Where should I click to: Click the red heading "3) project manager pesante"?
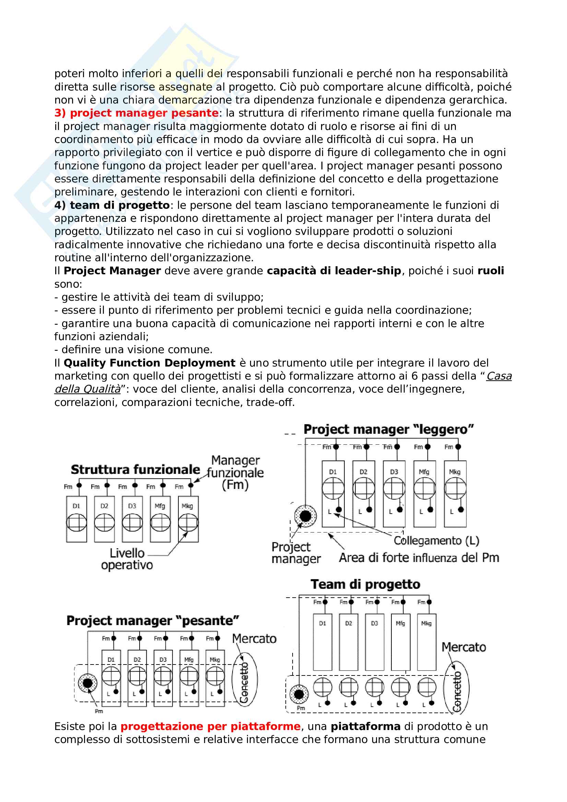click(x=136, y=113)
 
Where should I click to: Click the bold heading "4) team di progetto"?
click(x=112, y=205)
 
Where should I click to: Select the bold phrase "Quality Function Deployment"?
click(x=149, y=363)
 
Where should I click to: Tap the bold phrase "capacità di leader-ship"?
click(x=334, y=271)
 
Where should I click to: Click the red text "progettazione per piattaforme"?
click(x=210, y=727)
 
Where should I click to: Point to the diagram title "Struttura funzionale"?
click(x=135, y=470)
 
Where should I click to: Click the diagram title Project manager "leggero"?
click(x=389, y=430)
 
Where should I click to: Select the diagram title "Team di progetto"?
click(x=365, y=584)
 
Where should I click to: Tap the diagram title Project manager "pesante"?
click(x=153, y=621)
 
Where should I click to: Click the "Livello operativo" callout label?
click(x=127, y=559)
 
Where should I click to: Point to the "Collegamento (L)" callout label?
click(x=436, y=541)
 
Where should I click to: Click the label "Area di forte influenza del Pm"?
click(x=419, y=558)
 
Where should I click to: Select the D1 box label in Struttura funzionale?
click(x=76, y=506)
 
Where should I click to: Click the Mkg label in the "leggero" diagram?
click(x=454, y=472)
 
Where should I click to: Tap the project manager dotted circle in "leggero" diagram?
click(x=305, y=516)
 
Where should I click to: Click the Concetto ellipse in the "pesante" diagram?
click(x=245, y=679)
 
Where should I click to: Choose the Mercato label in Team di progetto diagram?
click(x=464, y=647)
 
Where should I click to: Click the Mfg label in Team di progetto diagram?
click(x=400, y=623)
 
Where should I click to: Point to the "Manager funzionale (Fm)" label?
click(x=235, y=472)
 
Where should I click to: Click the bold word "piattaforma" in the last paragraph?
click(x=365, y=727)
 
